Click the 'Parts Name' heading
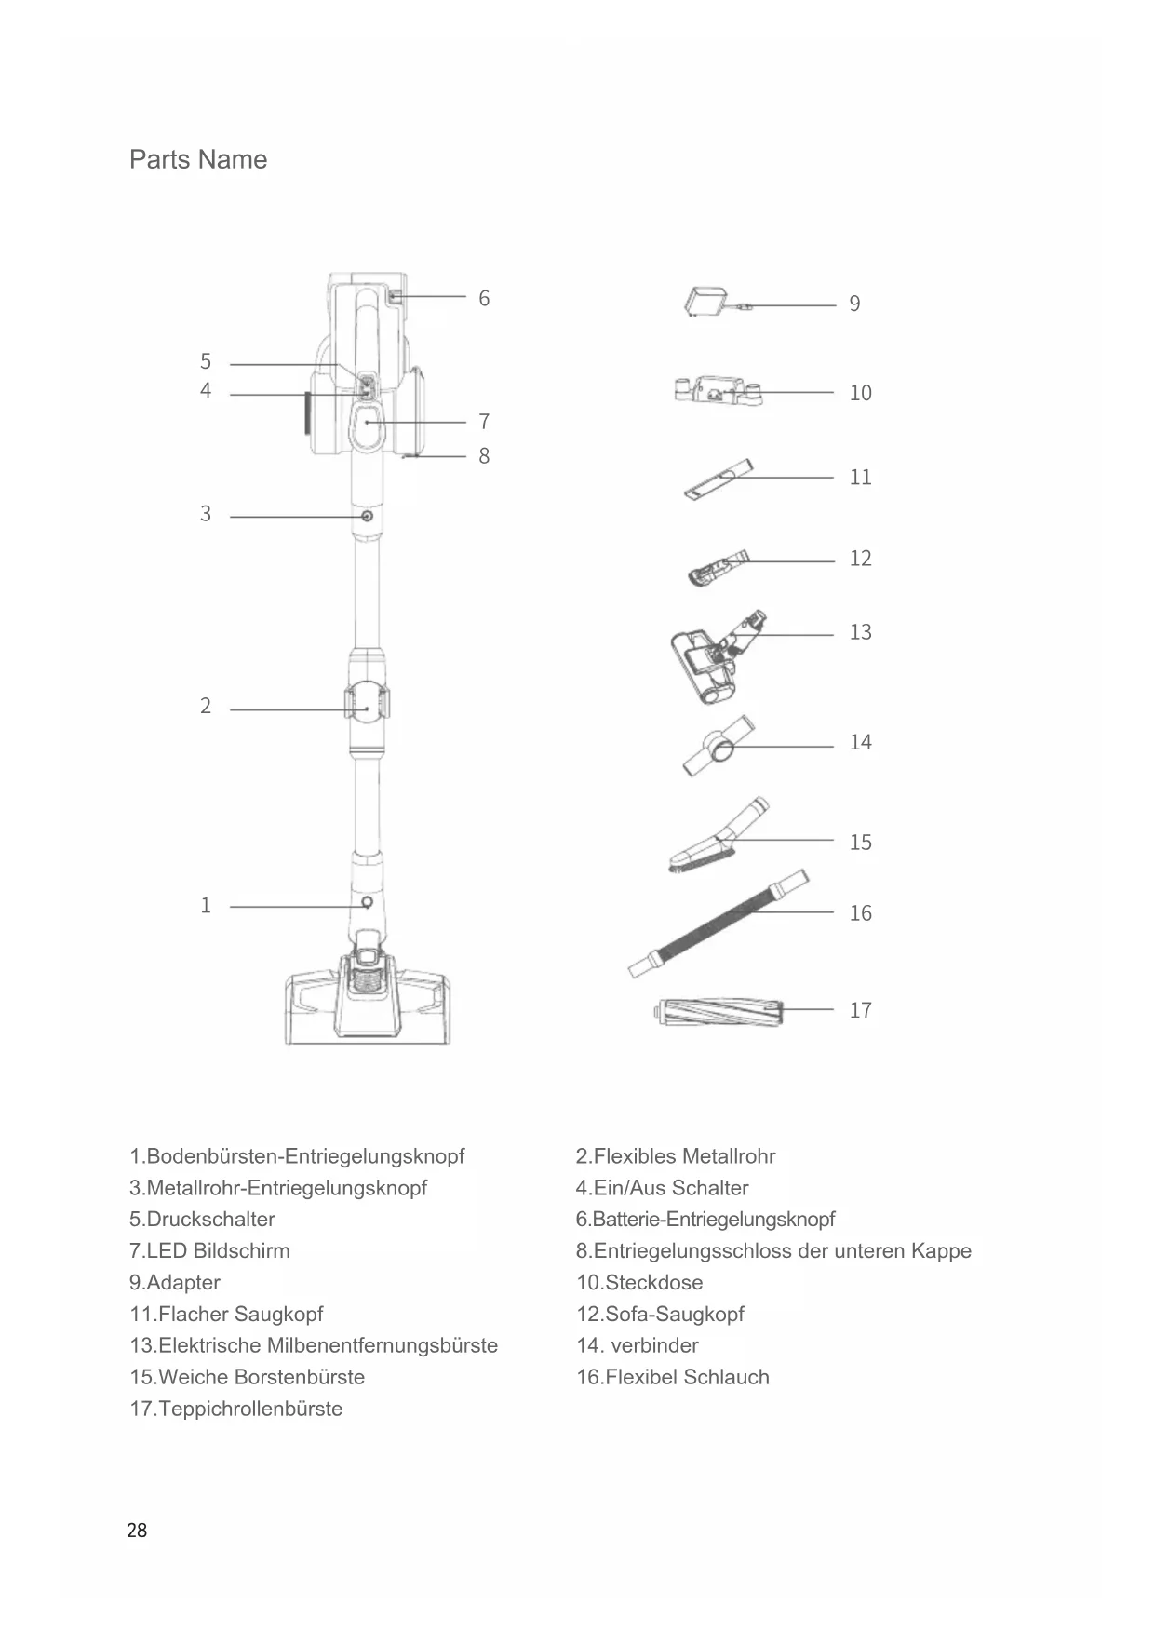click(x=198, y=159)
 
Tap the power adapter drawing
click(x=706, y=304)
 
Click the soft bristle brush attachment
click(x=718, y=839)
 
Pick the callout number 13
click(x=860, y=633)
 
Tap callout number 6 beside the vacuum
click(x=484, y=299)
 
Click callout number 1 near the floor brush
click(x=206, y=906)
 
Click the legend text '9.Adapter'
click(x=175, y=1282)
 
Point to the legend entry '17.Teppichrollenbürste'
click(x=235, y=1409)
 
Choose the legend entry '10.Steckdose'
click(x=639, y=1282)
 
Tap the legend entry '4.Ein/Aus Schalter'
click(x=662, y=1188)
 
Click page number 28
click(x=137, y=1531)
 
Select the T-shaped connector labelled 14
click(x=719, y=745)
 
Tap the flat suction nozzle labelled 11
click(x=718, y=479)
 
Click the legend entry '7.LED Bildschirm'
click(x=209, y=1250)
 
